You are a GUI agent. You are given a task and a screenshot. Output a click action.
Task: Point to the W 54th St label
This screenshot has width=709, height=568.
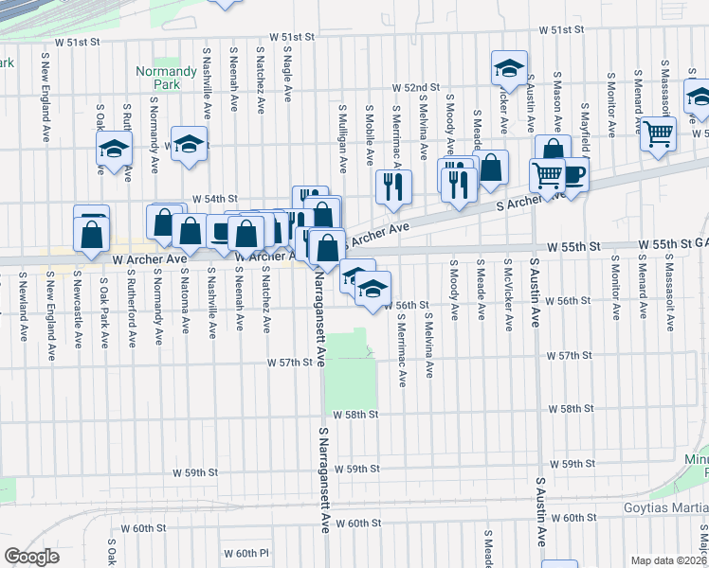tap(213, 199)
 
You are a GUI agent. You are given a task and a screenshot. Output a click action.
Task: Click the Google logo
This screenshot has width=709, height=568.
tap(31, 557)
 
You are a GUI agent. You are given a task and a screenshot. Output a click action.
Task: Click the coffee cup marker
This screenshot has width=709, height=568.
tap(572, 173)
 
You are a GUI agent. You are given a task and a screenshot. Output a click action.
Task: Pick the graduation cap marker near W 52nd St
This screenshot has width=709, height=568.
tap(509, 69)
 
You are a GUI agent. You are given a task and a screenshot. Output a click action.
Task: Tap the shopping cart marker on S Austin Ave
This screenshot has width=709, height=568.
tap(547, 176)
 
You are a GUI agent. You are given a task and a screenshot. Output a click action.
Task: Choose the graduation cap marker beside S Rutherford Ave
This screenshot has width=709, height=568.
tap(115, 150)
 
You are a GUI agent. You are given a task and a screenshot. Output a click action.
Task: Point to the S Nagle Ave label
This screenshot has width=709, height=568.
tap(286, 77)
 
